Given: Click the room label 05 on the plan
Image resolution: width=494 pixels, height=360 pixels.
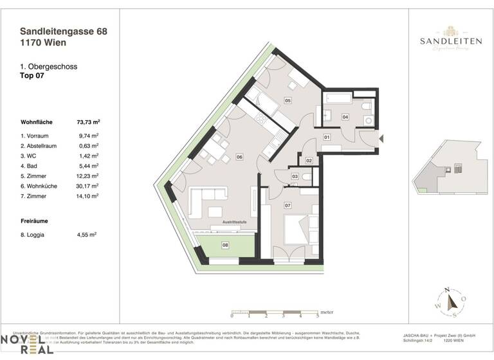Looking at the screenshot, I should [288, 101].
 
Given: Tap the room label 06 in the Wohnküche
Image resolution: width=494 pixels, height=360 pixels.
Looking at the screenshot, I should [239, 156].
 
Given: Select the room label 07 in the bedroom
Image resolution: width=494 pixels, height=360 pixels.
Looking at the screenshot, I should [288, 206].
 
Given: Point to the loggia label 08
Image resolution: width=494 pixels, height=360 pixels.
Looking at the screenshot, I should [225, 245].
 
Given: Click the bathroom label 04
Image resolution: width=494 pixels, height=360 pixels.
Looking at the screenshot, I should [345, 117].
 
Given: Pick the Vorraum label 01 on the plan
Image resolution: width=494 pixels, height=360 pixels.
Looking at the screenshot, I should [327, 137].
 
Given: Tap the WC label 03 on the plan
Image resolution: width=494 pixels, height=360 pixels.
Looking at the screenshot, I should [295, 176].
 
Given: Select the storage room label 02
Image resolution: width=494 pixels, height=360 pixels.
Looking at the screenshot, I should [309, 160].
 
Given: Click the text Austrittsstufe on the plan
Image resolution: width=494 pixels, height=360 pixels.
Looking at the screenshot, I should [235, 222].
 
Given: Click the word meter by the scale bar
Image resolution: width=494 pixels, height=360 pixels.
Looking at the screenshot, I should [327, 308].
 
